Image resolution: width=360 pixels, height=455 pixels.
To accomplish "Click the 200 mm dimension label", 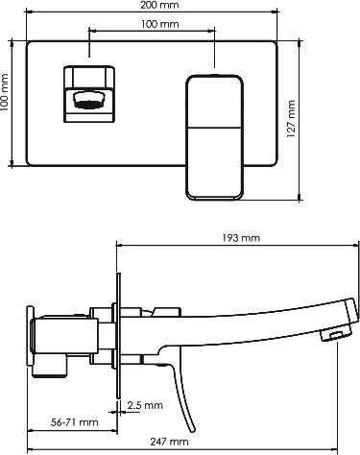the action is pyautogui.click(x=160, y=5).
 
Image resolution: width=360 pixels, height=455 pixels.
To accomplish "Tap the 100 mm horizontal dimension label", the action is pyautogui.click(x=160, y=24).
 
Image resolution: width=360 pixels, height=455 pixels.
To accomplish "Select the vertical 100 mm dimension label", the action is pyautogui.click(x=5, y=93).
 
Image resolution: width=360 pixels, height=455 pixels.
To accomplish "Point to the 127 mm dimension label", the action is pyautogui.click(x=291, y=119).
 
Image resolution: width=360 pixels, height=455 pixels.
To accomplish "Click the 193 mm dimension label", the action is pyautogui.click(x=241, y=238).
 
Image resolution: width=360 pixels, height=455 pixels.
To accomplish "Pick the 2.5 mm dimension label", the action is pyautogui.click(x=145, y=405).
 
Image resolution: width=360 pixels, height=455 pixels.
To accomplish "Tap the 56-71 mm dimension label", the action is pyautogui.click(x=75, y=422).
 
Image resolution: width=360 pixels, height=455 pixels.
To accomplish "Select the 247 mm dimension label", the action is pyautogui.click(x=169, y=442).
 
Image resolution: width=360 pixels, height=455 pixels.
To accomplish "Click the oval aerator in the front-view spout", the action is pyautogui.click(x=89, y=101).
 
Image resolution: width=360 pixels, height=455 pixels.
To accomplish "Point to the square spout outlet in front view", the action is pyautogui.click(x=89, y=94).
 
